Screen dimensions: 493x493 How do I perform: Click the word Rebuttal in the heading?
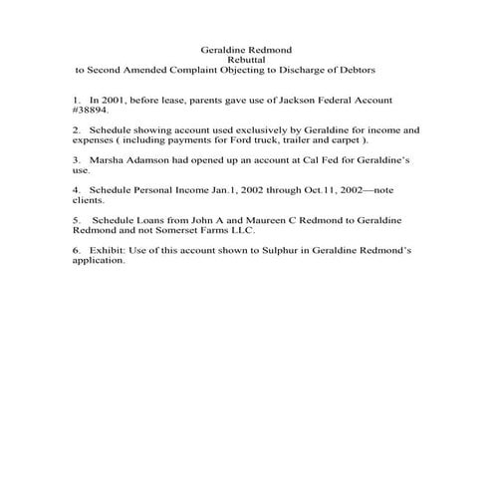[x=246, y=60]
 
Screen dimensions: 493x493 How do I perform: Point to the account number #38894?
[x=92, y=112]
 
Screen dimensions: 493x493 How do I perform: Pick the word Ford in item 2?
[x=255, y=140]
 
